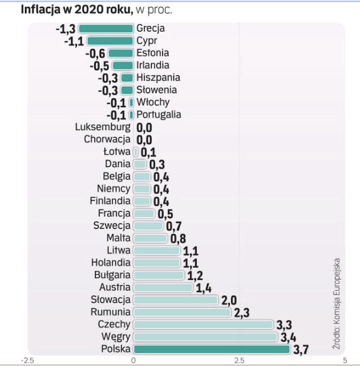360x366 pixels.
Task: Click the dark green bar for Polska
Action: click(x=212, y=350)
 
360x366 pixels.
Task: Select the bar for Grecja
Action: click(x=105, y=28)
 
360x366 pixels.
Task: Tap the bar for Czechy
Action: click(x=203, y=324)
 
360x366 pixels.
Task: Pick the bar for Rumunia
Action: click(x=182, y=312)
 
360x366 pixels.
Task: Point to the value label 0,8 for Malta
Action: click(x=178, y=239)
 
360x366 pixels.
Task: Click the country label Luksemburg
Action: click(x=103, y=127)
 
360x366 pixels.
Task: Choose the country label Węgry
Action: click(x=114, y=337)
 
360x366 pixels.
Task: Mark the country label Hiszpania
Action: click(x=158, y=77)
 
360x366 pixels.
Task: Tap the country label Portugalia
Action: click(x=159, y=114)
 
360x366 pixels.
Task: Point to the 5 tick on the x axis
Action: click(x=344, y=360)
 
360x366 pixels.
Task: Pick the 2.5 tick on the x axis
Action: click(x=239, y=360)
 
